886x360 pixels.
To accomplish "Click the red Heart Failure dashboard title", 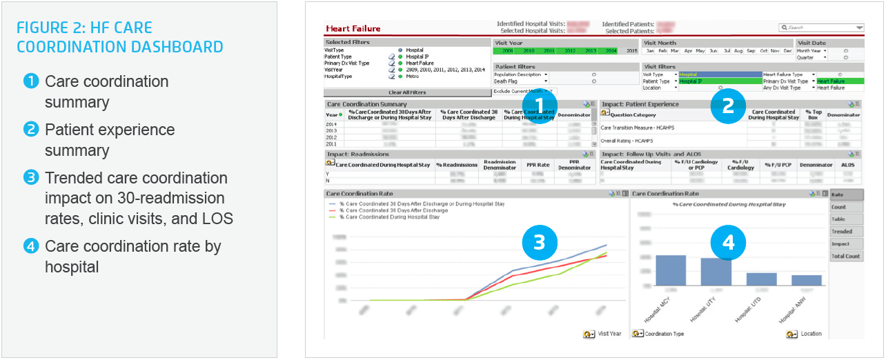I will (x=353, y=28).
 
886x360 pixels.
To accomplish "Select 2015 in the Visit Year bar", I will (x=632, y=50).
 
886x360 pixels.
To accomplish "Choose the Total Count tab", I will (x=846, y=256).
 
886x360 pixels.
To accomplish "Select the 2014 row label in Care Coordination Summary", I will (x=332, y=124).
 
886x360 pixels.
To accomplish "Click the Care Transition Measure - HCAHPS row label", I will (x=638, y=128).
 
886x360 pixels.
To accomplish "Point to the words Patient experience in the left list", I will (x=110, y=130).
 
